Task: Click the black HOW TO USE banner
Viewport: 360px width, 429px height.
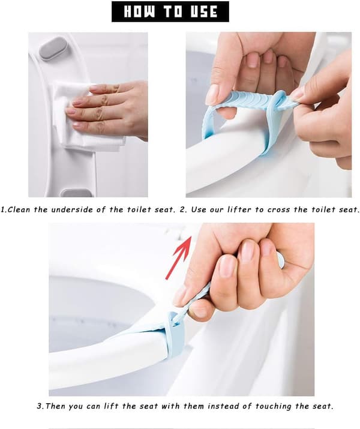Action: click(x=170, y=12)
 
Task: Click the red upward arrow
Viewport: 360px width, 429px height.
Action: click(x=178, y=257)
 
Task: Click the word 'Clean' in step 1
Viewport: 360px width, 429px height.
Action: click(x=19, y=210)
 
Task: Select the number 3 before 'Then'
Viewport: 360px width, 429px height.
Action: click(x=40, y=406)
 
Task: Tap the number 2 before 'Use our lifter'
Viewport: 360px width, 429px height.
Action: click(x=182, y=210)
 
